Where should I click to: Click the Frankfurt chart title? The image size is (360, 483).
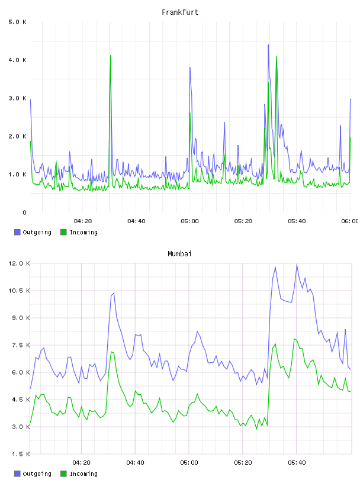tap(180, 12)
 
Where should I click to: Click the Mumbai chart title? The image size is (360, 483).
tap(179, 254)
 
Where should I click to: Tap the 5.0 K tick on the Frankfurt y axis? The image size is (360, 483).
tap(18, 22)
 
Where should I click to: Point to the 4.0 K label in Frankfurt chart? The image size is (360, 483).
tap(18, 60)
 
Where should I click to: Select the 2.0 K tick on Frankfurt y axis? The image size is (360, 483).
tap(18, 137)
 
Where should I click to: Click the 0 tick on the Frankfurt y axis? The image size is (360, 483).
tap(25, 212)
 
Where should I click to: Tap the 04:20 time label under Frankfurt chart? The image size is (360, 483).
tap(83, 221)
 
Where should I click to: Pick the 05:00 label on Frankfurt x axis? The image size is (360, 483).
tap(190, 221)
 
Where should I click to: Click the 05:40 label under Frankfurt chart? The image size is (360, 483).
tap(297, 221)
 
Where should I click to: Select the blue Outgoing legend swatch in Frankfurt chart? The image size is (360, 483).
tap(17, 232)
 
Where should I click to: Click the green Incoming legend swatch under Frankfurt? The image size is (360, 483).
tap(63, 232)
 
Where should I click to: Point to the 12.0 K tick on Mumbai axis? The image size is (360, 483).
tap(20, 263)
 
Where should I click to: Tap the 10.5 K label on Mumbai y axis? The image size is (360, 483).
tap(20, 291)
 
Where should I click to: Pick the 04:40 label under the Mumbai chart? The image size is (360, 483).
tap(136, 463)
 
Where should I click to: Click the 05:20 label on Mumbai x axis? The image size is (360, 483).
tap(243, 463)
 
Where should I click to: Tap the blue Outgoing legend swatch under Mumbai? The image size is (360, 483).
tap(17, 474)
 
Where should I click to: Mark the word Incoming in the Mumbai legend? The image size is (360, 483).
tap(83, 474)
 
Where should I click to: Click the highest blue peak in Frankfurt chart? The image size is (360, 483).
tap(268, 45)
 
